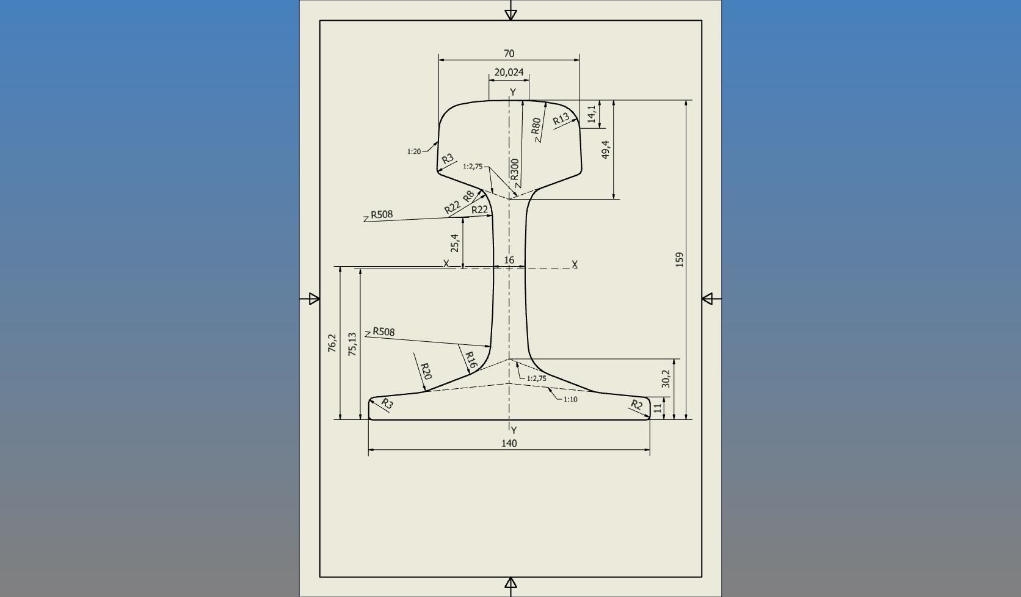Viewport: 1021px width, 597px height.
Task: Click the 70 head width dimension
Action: point(509,54)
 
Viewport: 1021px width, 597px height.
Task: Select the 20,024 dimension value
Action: point(509,72)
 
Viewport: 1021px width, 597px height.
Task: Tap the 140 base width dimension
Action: point(509,443)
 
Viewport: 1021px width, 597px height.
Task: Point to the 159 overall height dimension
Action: point(679,259)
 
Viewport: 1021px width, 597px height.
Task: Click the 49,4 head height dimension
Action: point(605,150)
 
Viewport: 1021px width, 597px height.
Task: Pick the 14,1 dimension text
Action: point(591,114)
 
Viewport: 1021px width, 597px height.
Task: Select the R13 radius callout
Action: point(561,118)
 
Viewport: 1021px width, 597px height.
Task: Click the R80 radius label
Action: point(536,126)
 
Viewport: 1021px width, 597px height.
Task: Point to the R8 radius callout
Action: point(468,196)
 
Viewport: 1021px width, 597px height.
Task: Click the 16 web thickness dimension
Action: point(509,260)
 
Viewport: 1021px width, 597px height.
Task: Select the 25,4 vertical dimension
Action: point(454,242)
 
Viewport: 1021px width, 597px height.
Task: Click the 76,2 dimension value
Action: point(332,342)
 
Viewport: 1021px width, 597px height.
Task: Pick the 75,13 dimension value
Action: point(352,344)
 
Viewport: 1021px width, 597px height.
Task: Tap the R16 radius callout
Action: point(470,360)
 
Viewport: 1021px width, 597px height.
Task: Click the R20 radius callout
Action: point(426,371)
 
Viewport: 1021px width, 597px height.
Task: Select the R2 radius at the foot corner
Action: point(636,404)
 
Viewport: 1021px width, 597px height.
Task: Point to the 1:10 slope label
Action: point(570,399)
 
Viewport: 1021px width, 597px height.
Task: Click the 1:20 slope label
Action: point(413,151)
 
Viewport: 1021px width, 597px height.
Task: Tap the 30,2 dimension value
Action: point(666,378)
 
